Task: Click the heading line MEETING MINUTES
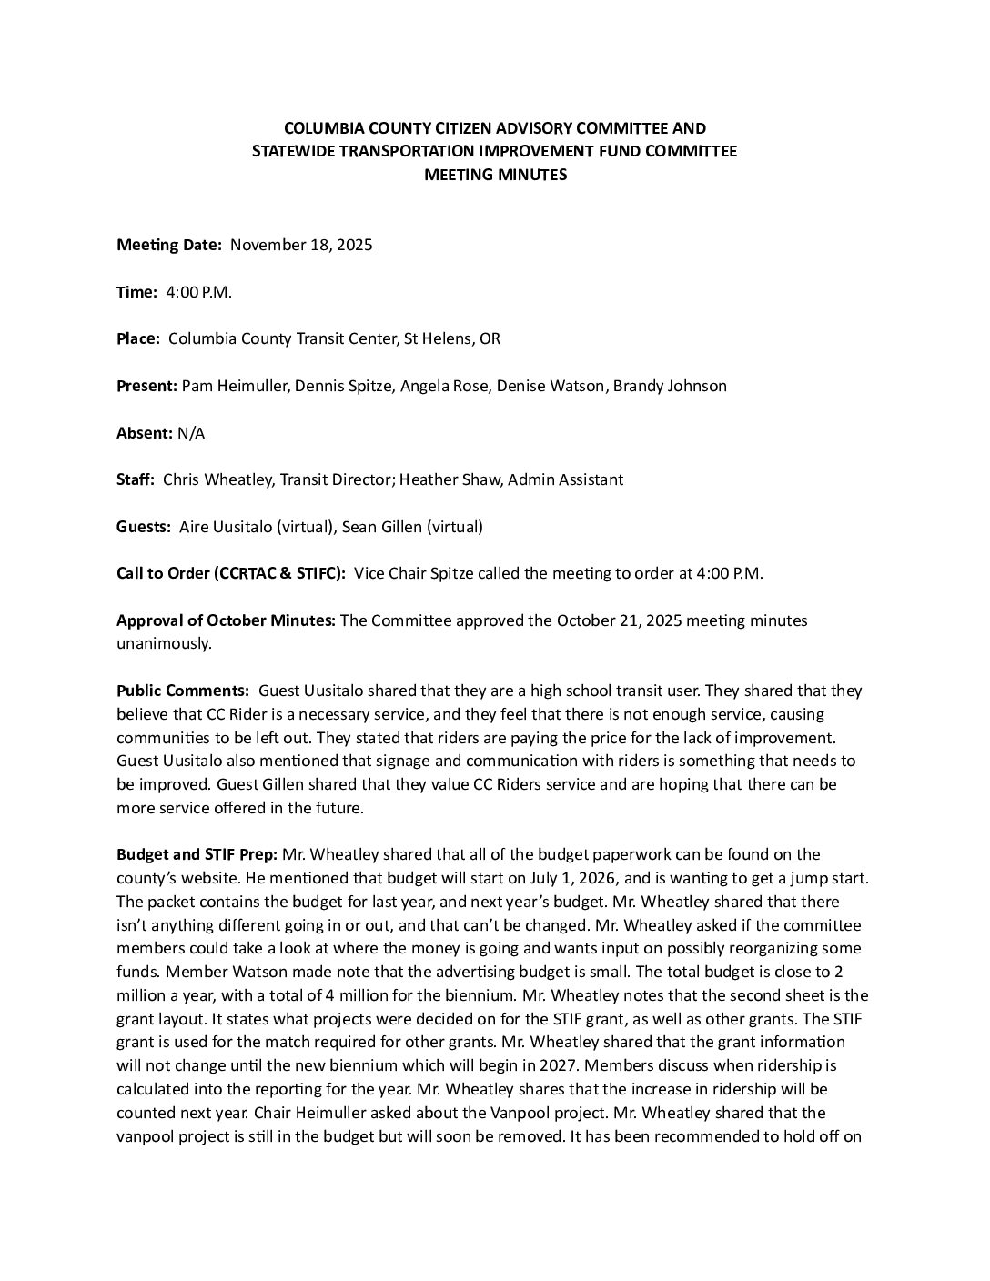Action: tap(495, 175)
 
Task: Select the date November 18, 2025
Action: tap(301, 245)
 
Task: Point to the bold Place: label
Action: tap(138, 338)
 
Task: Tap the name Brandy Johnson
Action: tap(670, 386)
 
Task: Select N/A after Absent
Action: tap(191, 433)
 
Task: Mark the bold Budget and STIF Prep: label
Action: tap(197, 854)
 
